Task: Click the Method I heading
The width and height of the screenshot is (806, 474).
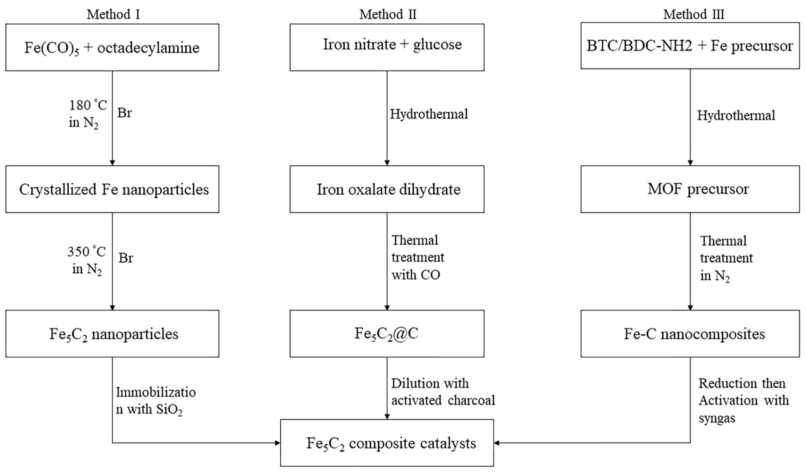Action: [x=113, y=14]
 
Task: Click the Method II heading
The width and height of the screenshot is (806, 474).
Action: [x=388, y=14]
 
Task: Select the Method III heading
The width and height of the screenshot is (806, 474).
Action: [x=693, y=14]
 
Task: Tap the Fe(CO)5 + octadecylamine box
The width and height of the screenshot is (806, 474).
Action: [x=112, y=47]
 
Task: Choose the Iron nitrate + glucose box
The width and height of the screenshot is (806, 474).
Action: [x=387, y=47]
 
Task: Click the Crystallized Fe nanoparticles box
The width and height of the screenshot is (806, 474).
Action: [x=112, y=189]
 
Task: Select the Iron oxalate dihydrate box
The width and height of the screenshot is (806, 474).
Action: [x=387, y=189]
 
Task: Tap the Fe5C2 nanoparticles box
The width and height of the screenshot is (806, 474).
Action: [x=112, y=334]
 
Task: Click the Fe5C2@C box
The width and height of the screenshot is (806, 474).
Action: [x=387, y=334]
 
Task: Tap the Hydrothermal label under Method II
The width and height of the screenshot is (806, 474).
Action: [x=429, y=114]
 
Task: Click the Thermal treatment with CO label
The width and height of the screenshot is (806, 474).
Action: [x=417, y=257]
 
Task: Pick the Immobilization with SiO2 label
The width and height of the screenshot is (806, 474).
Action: [x=155, y=400]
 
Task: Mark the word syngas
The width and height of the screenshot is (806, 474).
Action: [x=716, y=418]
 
